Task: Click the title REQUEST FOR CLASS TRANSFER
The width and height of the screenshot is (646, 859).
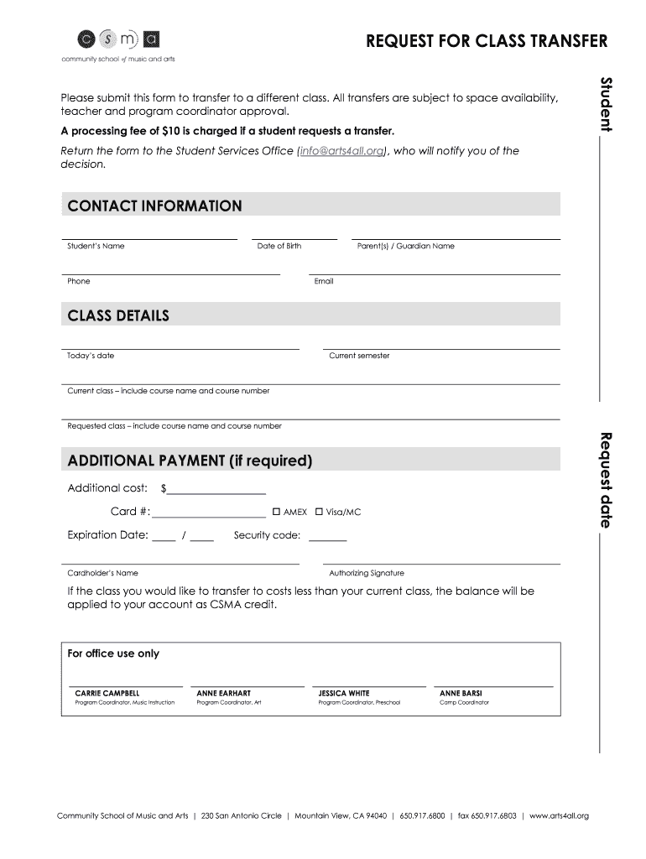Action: [487, 42]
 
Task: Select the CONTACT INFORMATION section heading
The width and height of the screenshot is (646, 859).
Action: [154, 206]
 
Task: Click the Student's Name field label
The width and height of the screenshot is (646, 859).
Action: [96, 247]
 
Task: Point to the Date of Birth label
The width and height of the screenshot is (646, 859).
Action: [279, 247]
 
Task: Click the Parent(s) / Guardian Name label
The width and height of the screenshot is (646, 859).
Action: [405, 247]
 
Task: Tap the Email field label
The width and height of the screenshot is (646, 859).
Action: [324, 282]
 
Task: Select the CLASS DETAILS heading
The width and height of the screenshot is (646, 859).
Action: [118, 315]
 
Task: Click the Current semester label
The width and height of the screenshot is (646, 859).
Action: [359, 356]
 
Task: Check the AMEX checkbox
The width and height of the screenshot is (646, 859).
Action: [276, 512]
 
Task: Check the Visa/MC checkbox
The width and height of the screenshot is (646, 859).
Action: [319, 512]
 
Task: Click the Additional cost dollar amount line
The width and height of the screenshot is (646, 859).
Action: [216, 490]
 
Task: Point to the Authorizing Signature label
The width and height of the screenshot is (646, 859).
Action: [367, 574]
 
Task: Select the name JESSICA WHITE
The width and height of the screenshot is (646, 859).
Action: [344, 694]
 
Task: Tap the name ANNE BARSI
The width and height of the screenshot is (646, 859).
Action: [461, 694]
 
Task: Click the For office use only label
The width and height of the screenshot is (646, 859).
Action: [113, 654]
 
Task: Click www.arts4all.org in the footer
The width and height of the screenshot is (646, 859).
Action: [559, 815]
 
